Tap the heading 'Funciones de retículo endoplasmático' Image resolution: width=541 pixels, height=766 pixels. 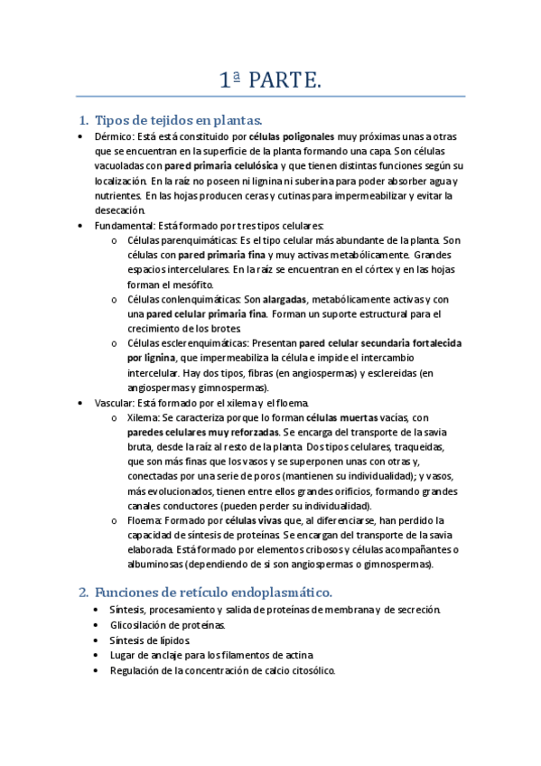tap(213, 592)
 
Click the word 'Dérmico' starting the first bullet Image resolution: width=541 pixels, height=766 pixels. tap(112, 136)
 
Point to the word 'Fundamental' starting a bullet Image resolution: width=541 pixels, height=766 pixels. tap(121, 225)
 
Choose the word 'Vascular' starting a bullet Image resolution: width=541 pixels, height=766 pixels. tap(113, 402)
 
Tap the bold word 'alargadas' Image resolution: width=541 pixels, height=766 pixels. tap(285, 299)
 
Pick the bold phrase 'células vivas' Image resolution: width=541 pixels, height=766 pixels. tap(255, 520)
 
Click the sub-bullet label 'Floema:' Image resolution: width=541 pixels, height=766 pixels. tap(146, 520)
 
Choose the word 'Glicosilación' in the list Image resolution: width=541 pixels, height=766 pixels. tap(140, 624)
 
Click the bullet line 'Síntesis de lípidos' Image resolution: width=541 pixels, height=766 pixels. tap(150, 640)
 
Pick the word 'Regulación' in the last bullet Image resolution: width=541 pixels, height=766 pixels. tap(135, 671)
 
